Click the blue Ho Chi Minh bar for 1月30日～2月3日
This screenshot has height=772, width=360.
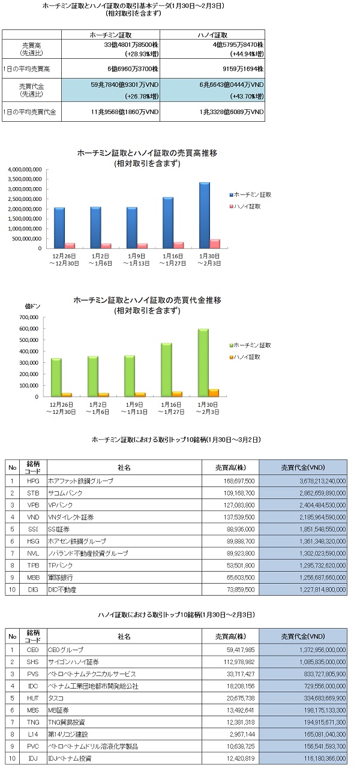(x=205, y=215)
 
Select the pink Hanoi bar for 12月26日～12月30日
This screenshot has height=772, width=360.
(x=70, y=246)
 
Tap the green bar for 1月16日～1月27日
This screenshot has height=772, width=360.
(x=167, y=370)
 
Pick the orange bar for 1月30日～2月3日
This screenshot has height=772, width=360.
(x=214, y=393)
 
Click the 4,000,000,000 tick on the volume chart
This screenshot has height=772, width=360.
(x=25, y=170)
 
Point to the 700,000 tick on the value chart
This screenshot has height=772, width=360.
(x=29, y=317)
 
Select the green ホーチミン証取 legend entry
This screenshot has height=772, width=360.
(x=250, y=346)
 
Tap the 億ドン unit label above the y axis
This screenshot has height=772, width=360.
(x=33, y=306)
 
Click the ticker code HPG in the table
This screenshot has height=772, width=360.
(x=33, y=481)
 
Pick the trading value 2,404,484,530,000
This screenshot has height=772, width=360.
(x=322, y=505)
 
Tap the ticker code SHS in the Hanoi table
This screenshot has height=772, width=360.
(x=33, y=662)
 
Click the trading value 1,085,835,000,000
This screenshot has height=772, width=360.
(x=322, y=662)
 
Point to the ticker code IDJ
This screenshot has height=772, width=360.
(x=33, y=758)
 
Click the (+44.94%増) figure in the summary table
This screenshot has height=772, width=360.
(x=247, y=54)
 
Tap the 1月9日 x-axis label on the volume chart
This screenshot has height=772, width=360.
(x=136, y=256)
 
